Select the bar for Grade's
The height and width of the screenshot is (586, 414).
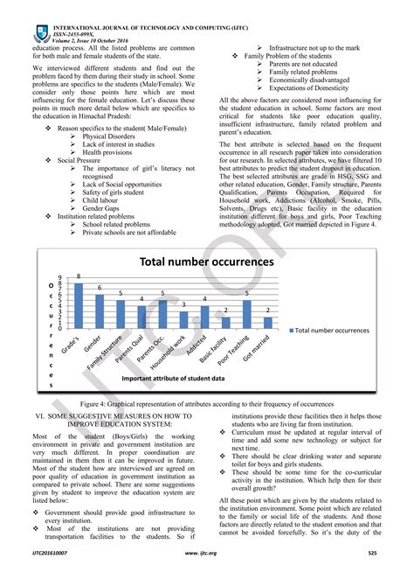click(x=78, y=304)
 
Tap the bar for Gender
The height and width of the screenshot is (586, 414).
click(x=99, y=310)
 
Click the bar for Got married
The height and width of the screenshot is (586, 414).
click(x=267, y=322)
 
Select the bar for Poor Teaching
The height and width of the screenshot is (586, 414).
click(x=246, y=313)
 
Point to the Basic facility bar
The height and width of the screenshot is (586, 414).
click(x=225, y=322)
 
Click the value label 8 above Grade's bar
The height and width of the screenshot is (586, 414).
click(x=78, y=277)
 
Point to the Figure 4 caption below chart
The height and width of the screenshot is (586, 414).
click(x=207, y=404)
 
